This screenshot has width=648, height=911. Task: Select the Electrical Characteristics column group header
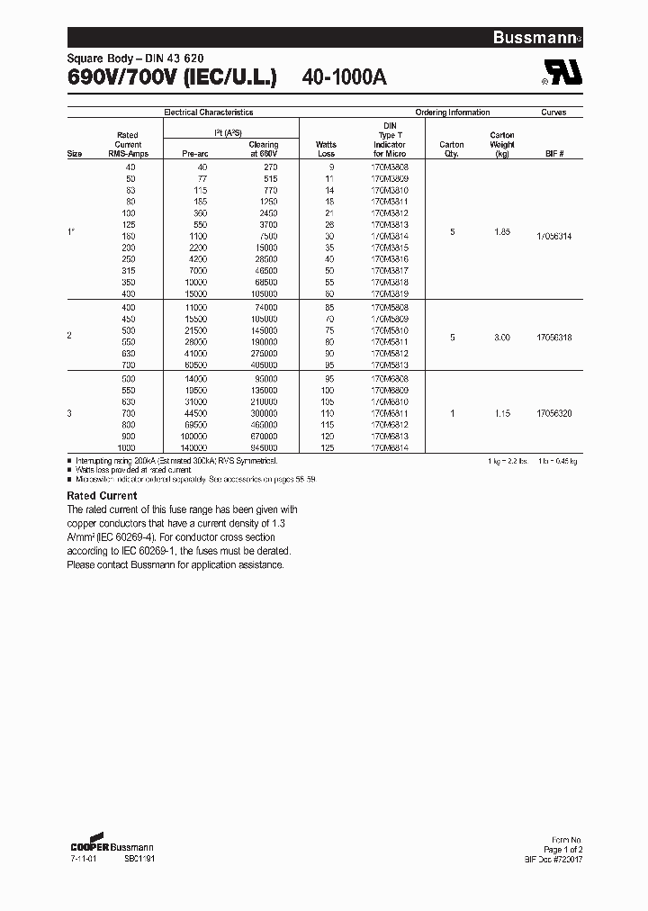[208, 113]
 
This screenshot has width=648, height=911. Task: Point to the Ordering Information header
[453, 113]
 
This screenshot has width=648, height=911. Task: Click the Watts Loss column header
[326, 149]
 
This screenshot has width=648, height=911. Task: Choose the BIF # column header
[554, 154]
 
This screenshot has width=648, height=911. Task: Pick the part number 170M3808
[389, 167]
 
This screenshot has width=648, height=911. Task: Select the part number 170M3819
[389, 293]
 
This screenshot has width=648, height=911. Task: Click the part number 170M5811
[389, 342]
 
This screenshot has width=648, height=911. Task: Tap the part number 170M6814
[389, 446]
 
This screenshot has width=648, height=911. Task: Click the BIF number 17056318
[553, 337]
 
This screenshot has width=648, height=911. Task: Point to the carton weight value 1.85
[501, 231]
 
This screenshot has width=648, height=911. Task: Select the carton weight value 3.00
[501, 337]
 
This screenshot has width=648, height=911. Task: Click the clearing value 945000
[263, 446]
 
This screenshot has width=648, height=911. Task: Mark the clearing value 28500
[265, 259]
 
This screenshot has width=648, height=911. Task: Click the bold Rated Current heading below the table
[103, 496]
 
